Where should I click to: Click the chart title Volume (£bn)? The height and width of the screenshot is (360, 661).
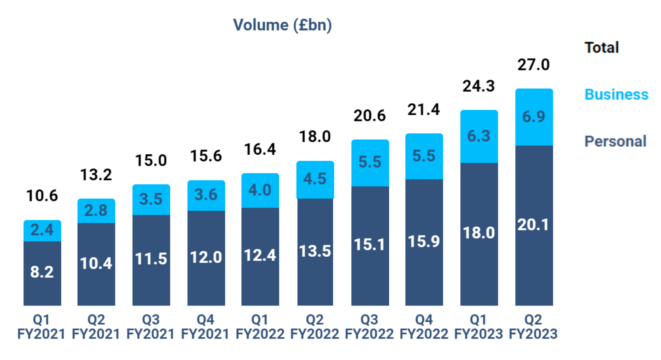[282, 25]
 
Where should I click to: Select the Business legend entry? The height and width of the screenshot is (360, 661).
[616, 95]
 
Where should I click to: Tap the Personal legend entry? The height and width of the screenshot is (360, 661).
[615, 141]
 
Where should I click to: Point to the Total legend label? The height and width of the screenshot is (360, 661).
[602, 47]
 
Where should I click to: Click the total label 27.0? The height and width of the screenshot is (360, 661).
[534, 64]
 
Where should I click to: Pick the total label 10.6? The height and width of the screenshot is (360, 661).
[42, 195]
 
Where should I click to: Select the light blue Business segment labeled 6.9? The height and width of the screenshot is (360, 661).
[534, 117]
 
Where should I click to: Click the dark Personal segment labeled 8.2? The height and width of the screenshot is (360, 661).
[42, 272]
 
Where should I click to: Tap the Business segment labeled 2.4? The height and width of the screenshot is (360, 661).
[42, 230]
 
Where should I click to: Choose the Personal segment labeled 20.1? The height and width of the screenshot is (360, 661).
[534, 225]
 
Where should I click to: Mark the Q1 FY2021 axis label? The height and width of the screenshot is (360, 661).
[41, 327]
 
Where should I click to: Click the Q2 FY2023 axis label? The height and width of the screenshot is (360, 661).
[533, 327]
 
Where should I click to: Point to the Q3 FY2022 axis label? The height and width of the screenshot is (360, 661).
[369, 327]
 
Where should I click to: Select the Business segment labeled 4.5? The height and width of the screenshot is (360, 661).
[315, 179]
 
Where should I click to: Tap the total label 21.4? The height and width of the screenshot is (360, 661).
[424, 110]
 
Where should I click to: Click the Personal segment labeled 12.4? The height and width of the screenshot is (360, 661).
[260, 256]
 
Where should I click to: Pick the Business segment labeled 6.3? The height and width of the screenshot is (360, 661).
[479, 136]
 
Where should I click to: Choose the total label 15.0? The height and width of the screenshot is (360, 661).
[151, 160]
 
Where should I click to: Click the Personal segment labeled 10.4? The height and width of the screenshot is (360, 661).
[96, 263]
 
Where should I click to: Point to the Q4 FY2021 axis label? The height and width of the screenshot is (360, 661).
[205, 327]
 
